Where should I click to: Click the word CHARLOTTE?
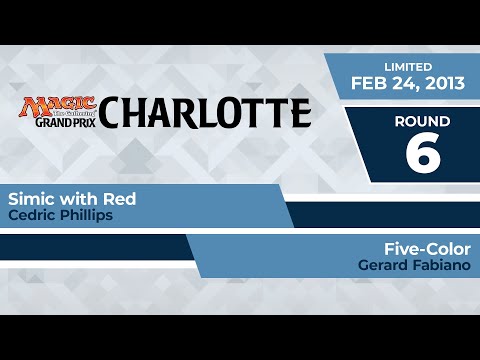coord(204,113)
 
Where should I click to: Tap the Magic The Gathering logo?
coord(59,104)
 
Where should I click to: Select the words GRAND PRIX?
coord(59,125)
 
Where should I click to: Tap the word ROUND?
coord(422,121)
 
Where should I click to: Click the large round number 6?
coord(422,152)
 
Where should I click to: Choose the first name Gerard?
coord(381,265)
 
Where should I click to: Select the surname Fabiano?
coord(440,265)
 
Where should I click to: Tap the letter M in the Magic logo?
coord(30,105)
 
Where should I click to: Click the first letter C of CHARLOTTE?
coord(113,113)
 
